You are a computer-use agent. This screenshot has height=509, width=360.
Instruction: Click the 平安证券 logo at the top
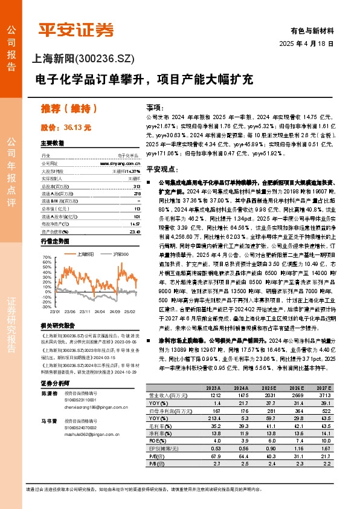click(x=76, y=28)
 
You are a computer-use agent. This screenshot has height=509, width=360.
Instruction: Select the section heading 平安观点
click(x=164, y=170)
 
